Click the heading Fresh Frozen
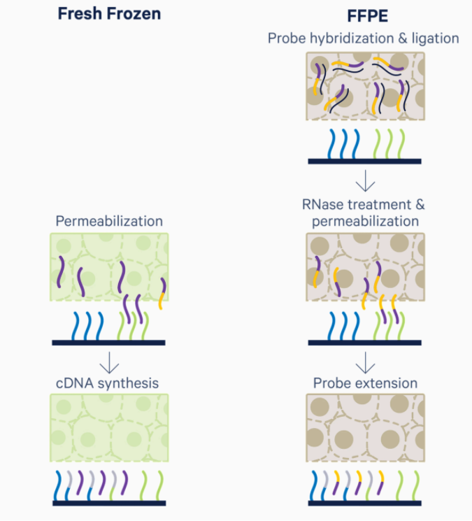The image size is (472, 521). coord(109,13)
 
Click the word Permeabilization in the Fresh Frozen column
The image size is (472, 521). coord(109,221)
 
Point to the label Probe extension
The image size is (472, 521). coord(365,383)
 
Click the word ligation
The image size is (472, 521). coord(434,38)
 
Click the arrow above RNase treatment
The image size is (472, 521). coord(365,182)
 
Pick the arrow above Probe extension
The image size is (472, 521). coord(365,363)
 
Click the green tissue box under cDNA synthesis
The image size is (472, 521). coord(109,427)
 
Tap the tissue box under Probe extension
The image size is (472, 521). coord(365,427)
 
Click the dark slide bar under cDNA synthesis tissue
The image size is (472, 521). coord(109,502)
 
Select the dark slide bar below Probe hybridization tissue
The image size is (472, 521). coord(365,161)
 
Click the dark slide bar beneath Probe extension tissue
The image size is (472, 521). coord(365,502)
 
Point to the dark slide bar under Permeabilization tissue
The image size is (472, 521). coord(109,343)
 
